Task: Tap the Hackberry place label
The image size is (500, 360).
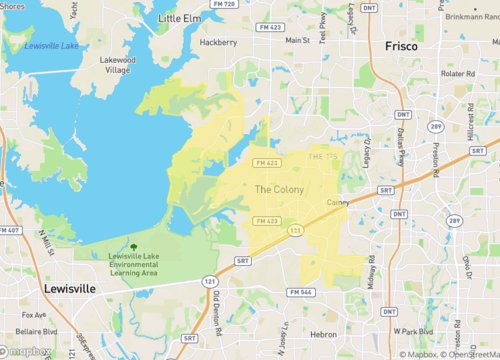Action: coord(218,42)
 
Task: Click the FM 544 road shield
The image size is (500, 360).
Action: coord(301,292)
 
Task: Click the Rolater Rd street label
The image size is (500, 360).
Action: coord(457,73)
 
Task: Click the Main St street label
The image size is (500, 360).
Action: coord(297,40)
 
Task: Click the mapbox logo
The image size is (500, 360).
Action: coord(28,351)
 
